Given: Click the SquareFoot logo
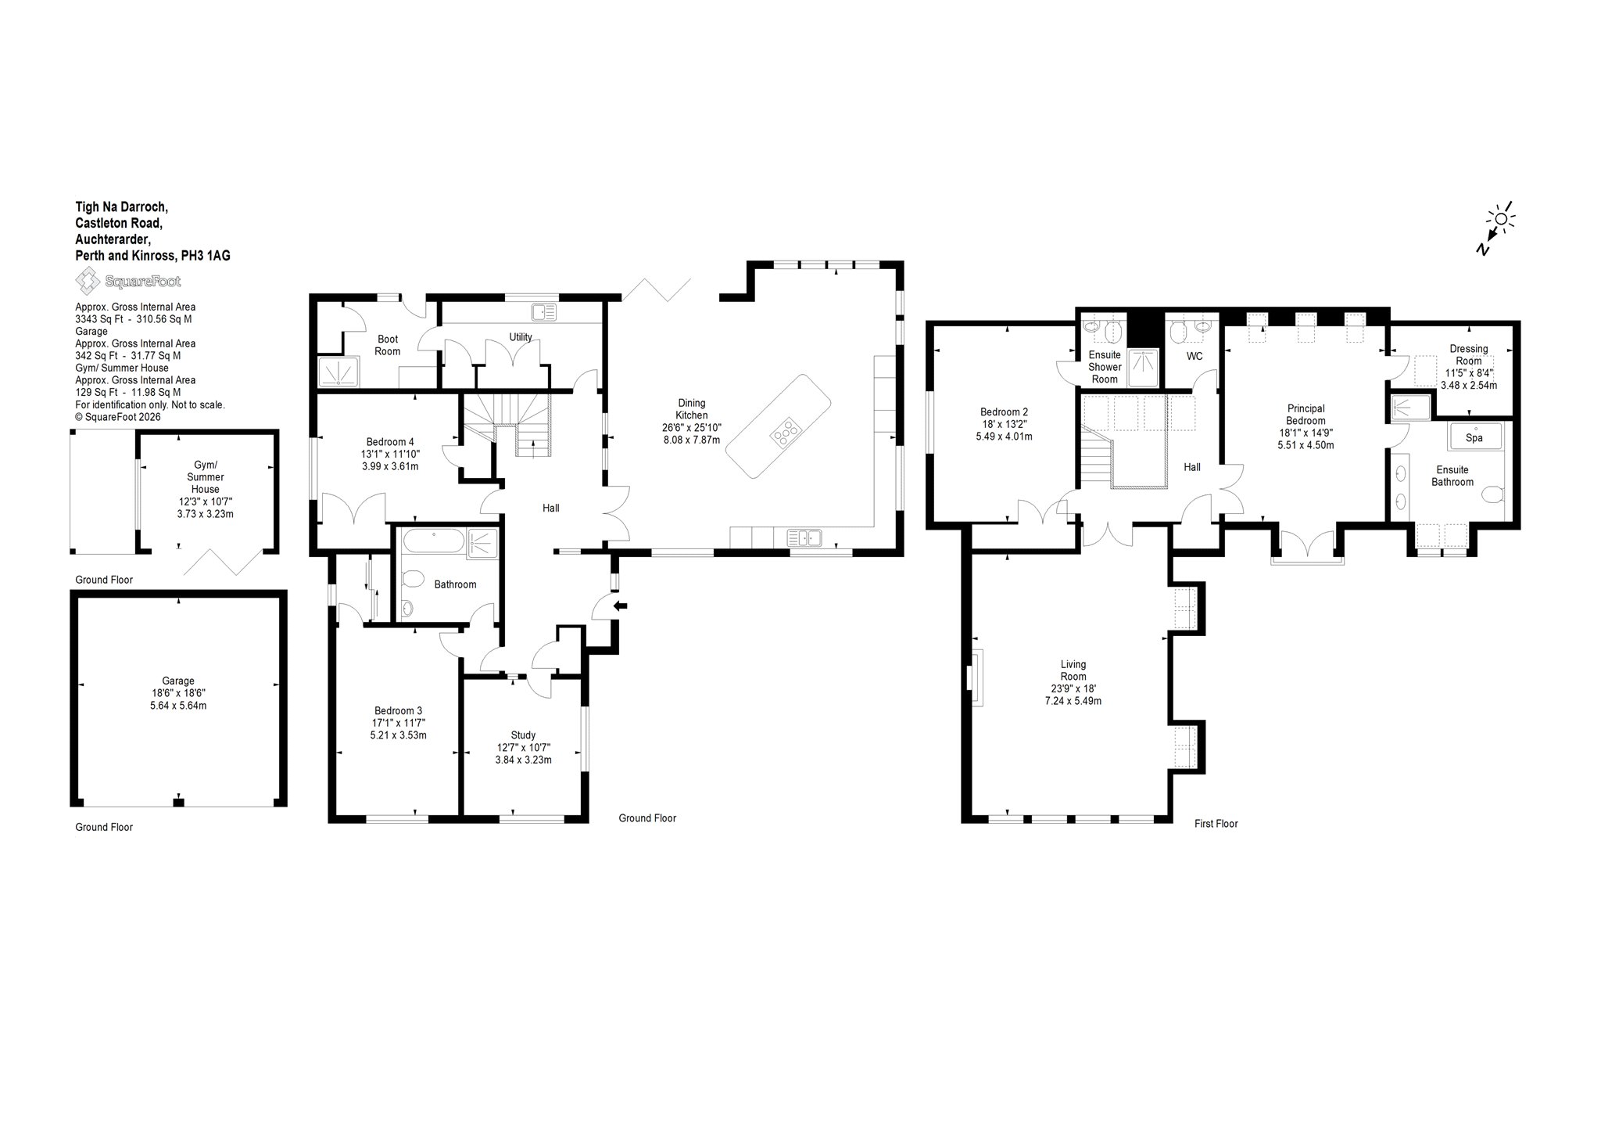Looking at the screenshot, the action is click(127, 280).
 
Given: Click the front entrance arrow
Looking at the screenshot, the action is click(621, 605).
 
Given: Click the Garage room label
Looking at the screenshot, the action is click(178, 681).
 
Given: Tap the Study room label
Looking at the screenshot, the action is click(523, 735).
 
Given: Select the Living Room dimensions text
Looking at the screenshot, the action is click(1073, 695).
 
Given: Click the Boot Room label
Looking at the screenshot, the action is click(387, 345).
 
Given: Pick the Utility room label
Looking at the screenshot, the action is click(521, 337).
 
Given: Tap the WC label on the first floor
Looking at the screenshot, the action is click(1194, 357).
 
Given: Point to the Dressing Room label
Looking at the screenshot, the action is click(1469, 354).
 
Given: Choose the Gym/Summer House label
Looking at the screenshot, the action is click(206, 477).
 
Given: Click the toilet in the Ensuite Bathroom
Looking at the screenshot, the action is click(1493, 495).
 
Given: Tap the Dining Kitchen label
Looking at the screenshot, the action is click(692, 409).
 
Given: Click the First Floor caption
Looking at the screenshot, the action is click(1216, 823).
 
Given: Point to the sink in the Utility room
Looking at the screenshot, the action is click(543, 312).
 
